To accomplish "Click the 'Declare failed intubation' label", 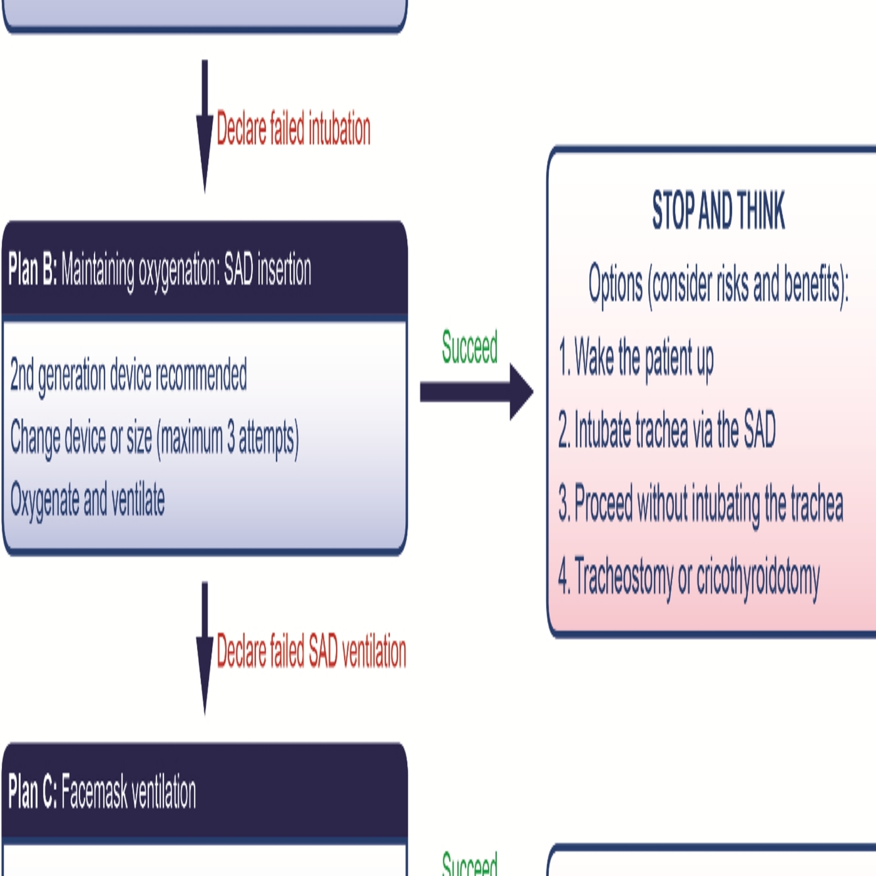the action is point(293,129).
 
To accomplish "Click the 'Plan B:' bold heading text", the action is point(32,270).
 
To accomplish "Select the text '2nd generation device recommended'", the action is point(129,376).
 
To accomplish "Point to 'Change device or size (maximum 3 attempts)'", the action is point(154,439).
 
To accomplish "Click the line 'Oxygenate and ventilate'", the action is point(87,500).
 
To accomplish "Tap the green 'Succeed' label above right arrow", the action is point(470,347).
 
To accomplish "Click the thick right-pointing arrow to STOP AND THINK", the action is point(476,391).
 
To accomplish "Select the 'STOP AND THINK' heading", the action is point(718,211).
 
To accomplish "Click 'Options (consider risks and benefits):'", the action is point(718,285).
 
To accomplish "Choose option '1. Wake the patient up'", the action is point(636,359).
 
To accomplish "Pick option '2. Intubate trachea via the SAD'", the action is point(667,430).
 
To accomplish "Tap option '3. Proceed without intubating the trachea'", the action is point(701,504).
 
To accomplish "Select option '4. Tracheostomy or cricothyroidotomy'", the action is point(689,578).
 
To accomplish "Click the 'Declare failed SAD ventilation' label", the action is point(311,651).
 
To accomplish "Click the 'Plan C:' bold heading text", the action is point(32,792).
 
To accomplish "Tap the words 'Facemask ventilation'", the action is point(129,792).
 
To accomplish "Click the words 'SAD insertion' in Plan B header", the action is point(267,270).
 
